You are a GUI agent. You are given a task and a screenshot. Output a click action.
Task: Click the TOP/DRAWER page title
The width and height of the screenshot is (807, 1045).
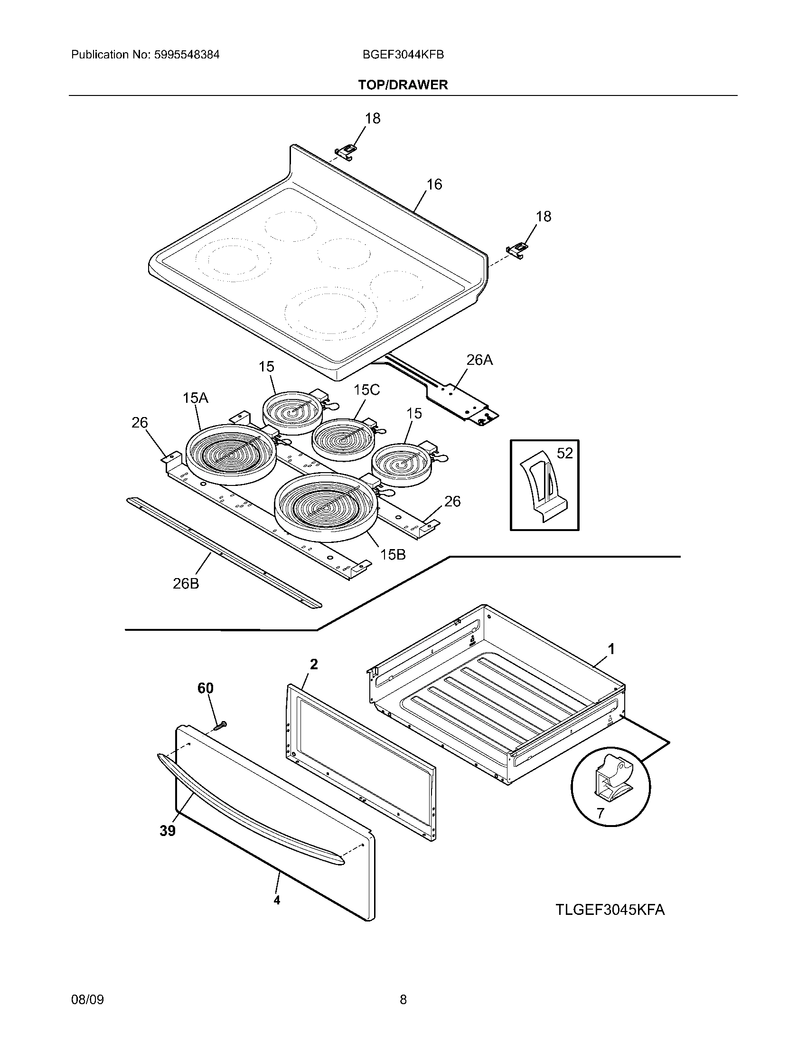[x=403, y=85]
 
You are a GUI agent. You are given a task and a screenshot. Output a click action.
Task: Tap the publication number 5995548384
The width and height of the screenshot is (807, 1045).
[x=187, y=55]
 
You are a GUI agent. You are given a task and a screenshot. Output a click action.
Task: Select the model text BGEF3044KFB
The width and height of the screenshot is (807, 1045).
[x=403, y=55]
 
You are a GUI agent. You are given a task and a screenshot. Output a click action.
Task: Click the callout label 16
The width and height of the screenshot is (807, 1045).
[x=434, y=184]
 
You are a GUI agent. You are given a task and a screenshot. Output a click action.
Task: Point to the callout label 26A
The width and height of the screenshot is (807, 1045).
[x=479, y=360]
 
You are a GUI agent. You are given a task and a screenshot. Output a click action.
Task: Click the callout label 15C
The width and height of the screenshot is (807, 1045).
[x=366, y=390]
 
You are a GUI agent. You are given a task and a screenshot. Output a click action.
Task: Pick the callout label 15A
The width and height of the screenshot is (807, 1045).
[x=195, y=398]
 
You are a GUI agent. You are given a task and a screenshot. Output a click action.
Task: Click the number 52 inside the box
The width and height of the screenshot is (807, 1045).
[x=564, y=453]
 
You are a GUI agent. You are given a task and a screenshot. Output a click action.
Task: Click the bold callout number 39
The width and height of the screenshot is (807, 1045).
[x=167, y=831]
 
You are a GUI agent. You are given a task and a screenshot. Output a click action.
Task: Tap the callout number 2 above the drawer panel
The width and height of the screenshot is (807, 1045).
[x=314, y=664]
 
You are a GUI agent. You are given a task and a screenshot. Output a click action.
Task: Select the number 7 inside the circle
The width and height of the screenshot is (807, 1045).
[x=601, y=813]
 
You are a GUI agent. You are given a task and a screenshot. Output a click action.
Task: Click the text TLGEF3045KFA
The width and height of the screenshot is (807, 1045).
[x=610, y=910]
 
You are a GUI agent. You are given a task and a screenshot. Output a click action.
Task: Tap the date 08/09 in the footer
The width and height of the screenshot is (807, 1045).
[x=87, y=999]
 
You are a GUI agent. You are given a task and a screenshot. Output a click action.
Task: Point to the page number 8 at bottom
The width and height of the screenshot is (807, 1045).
[x=403, y=999]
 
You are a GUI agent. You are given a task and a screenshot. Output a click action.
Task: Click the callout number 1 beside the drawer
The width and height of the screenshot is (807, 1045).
[x=610, y=649]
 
